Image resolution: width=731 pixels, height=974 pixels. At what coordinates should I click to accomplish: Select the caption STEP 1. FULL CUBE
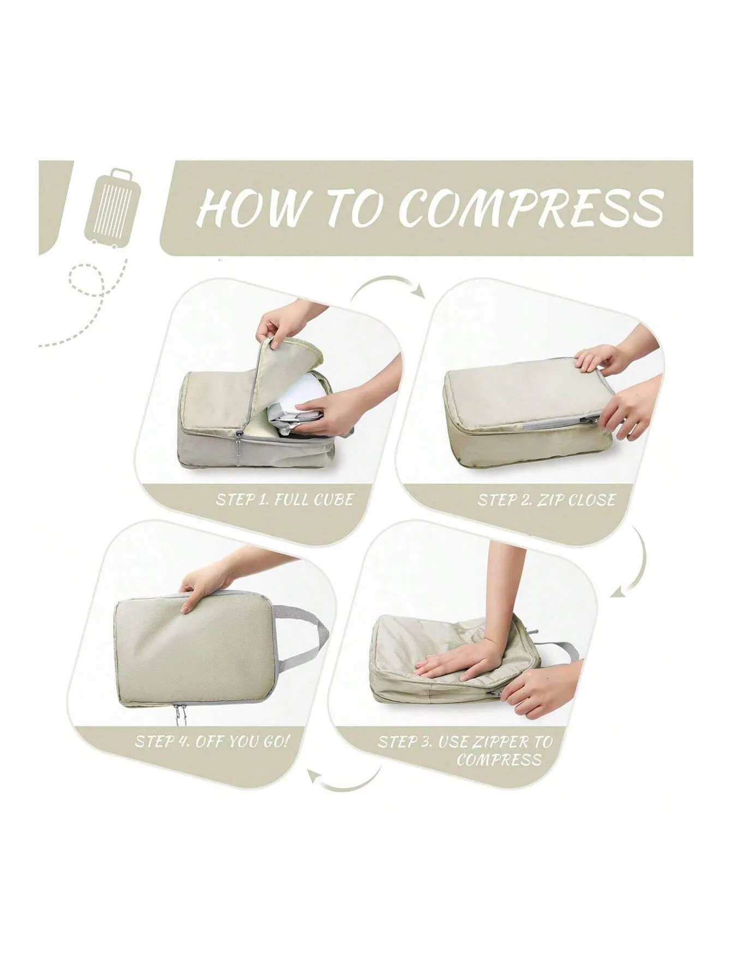284,499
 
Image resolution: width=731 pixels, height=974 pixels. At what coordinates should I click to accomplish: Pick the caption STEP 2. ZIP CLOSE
546,500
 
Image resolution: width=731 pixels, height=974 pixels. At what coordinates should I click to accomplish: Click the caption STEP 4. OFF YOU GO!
213,742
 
